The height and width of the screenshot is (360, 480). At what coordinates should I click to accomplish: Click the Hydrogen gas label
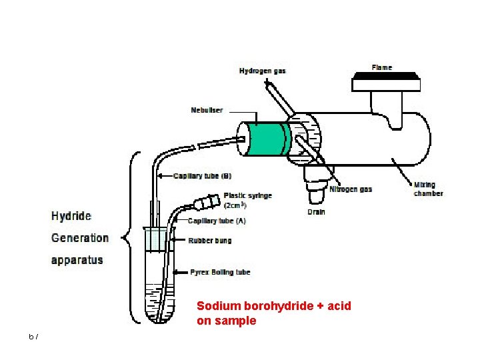263,71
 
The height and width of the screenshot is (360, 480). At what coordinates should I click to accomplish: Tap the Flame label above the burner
382,67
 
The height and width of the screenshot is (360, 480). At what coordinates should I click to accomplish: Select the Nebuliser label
207,110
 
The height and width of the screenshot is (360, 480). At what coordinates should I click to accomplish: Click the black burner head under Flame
387,82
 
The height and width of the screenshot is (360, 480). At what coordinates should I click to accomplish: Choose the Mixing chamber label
428,189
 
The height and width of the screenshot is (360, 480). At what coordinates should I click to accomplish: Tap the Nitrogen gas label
351,189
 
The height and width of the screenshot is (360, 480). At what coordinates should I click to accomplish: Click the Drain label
317,212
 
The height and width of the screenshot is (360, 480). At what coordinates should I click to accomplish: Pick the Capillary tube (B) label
202,177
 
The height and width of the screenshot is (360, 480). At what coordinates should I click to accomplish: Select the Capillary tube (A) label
217,221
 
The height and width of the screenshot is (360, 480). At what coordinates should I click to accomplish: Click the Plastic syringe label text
247,196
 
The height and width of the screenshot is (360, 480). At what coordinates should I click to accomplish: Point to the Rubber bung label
210,240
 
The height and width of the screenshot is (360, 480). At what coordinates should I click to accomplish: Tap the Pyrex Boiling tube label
219,272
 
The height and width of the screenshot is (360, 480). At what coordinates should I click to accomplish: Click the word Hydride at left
71,217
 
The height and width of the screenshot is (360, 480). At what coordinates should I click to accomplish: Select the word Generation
80,238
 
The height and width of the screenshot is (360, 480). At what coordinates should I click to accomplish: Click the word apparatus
77,259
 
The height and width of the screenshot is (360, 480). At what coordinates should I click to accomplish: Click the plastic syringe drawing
206,201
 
